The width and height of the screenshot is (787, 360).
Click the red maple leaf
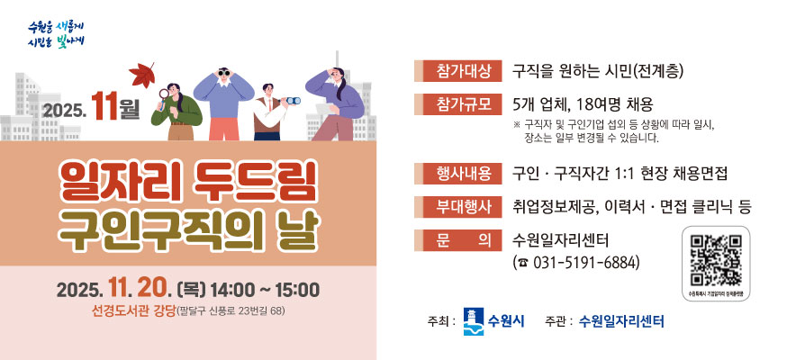pyautogui.click(x=142, y=73)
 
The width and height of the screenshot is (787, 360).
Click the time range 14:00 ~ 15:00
pyautogui.click(x=264, y=290)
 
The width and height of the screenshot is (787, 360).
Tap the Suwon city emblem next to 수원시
pyautogui.click(x=472, y=320)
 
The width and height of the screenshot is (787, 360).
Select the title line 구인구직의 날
pyautogui.click(x=186, y=230)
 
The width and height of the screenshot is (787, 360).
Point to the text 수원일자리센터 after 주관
pyautogui.click(x=621, y=320)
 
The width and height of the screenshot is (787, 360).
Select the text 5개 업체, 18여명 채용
pyautogui.click(x=583, y=103)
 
